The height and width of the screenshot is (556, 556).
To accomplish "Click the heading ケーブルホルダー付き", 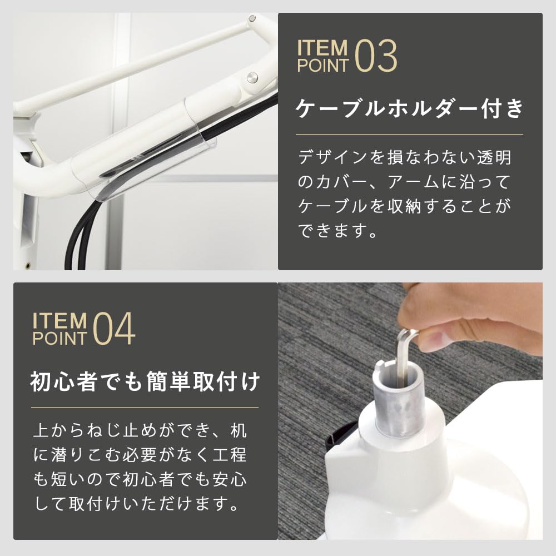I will coord(410,108).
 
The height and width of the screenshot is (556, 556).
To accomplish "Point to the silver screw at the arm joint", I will coord(254,76).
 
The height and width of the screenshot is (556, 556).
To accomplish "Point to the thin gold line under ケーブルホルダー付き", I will coord(410,134).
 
